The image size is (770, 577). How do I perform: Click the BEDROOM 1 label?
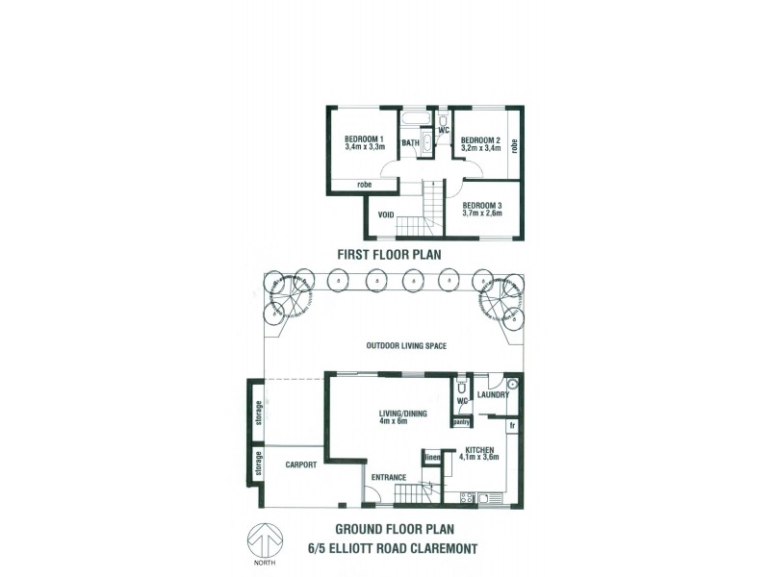point(364,138)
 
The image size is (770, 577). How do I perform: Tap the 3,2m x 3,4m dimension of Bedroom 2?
point(481,148)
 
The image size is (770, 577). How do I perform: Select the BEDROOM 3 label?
point(482,205)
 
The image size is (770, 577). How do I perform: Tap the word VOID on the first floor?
point(387,214)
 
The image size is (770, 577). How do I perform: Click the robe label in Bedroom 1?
point(364,185)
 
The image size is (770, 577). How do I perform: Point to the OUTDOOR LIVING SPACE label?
point(406,346)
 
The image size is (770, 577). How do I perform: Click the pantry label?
point(461,421)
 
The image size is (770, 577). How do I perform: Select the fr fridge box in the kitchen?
point(513,425)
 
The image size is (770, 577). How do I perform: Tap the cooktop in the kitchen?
point(467,498)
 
